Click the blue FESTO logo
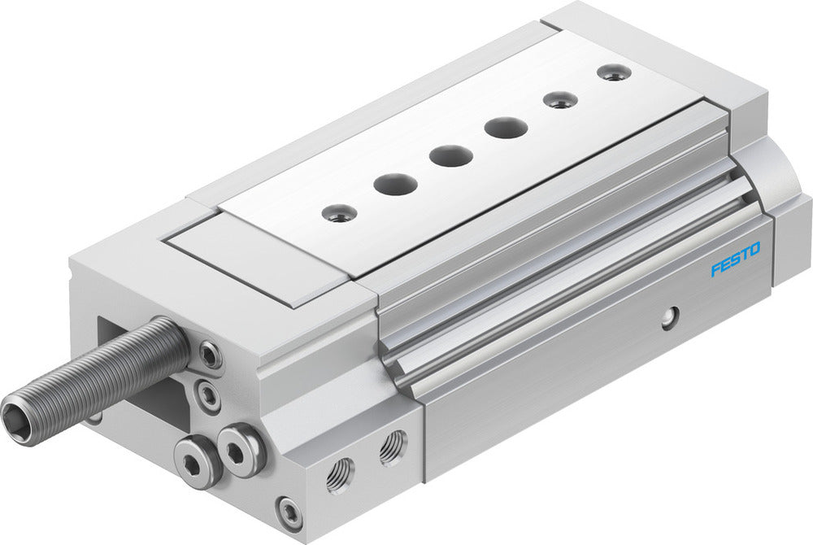click(x=735, y=259)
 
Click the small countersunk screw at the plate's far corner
click(x=613, y=72)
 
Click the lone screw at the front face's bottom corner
click(x=289, y=512)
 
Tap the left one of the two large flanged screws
click(x=198, y=463)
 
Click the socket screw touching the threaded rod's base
click(x=211, y=355)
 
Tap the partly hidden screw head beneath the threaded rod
click(x=96, y=418)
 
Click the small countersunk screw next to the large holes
click(x=560, y=100)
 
